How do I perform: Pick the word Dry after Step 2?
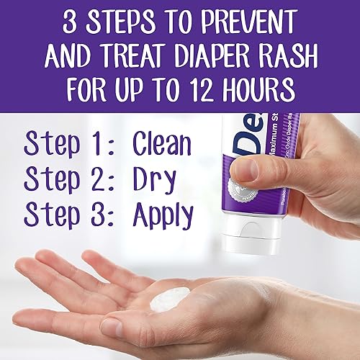[154, 179]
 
